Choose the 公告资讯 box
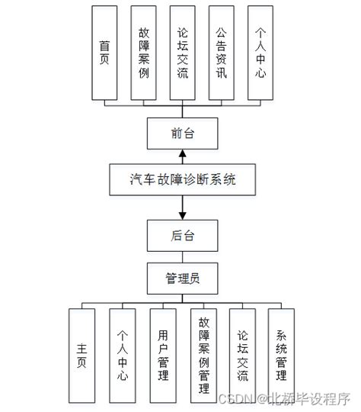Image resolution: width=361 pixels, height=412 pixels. [x=221, y=53]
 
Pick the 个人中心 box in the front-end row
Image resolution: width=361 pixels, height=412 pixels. [x=260, y=53]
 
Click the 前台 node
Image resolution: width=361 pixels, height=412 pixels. [x=183, y=134]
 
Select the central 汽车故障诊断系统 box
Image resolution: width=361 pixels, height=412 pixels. [x=183, y=179]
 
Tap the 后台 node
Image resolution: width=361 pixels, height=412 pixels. [x=183, y=235]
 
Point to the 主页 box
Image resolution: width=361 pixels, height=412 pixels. [x=83, y=356]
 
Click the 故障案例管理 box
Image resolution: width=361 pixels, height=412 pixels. [x=203, y=356]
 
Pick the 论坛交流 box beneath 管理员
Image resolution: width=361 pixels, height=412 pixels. [x=243, y=356]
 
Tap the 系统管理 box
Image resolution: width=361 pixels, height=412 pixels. [x=281, y=356]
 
